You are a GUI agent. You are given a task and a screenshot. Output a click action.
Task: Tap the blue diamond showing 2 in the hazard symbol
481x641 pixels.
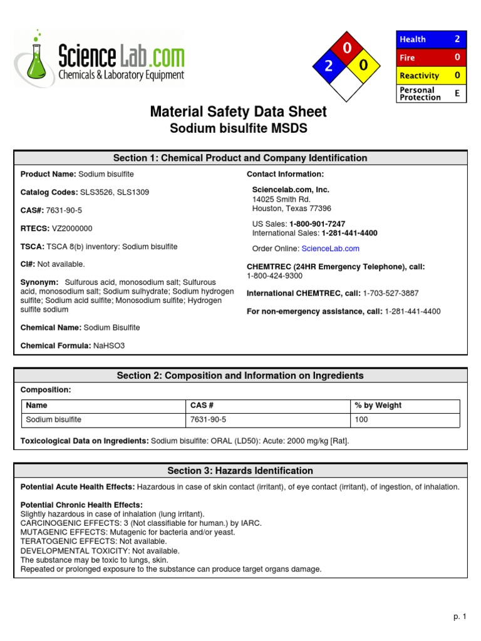click(329, 66)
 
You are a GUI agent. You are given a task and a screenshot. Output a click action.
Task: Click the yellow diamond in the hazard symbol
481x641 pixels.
click(366, 66)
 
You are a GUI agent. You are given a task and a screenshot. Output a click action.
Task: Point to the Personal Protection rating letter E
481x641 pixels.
click(457, 93)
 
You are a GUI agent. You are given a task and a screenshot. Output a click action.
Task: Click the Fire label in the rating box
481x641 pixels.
click(408, 58)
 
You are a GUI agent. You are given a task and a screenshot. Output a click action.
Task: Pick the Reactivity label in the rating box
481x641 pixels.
click(419, 76)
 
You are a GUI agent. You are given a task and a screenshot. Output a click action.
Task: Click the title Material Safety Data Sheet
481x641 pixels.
click(238, 112)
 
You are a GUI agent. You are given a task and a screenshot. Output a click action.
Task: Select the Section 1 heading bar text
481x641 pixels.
click(240, 158)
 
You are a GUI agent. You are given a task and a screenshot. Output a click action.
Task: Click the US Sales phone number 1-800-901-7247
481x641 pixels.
click(317, 223)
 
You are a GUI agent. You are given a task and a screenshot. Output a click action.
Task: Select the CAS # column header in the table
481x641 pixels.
click(202, 406)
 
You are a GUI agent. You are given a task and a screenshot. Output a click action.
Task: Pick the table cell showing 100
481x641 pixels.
click(361, 419)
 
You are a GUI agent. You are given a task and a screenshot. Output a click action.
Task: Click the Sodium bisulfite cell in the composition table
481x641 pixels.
click(54, 419)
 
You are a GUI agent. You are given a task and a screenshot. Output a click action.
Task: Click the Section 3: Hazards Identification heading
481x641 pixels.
click(240, 471)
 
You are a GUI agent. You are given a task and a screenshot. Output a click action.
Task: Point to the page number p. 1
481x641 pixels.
click(460, 617)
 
